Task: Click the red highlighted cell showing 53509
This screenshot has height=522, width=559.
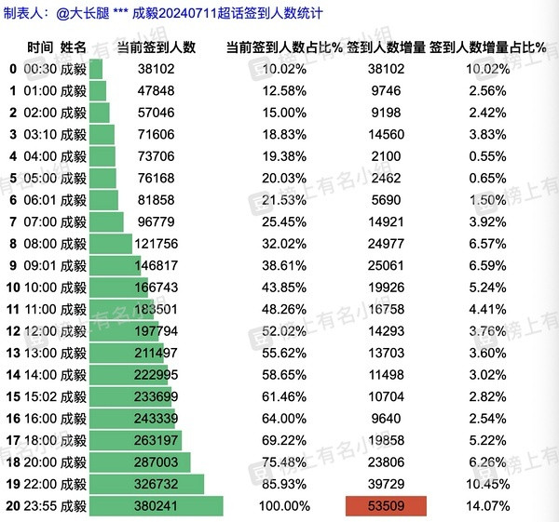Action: pyautogui.click(x=386, y=505)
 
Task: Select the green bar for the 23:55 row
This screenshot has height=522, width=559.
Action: pyautogui.click(x=157, y=505)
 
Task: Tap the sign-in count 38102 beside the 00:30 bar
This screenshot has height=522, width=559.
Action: pyautogui.click(x=157, y=69)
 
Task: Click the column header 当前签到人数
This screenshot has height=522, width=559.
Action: pyautogui.click(x=157, y=47)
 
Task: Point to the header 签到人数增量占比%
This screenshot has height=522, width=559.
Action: pyautogui.click(x=487, y=47)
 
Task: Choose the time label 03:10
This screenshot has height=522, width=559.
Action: pyautogui.click(x=40, y=135)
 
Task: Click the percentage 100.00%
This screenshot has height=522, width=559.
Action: pyautogui.click(x=284, y=506)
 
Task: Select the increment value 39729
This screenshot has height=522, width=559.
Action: pyautogui.click(x=386, y=484)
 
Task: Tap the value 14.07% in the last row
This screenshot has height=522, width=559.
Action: pyautogui.click(x=487, y=506)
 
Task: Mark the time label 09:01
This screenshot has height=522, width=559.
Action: pyautogui.click(x=40, y=265)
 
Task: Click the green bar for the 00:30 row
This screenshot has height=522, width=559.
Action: pyautogui.click(x=96, y=69)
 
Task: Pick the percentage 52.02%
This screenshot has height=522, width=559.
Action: pyautogui.click(x=284, y=331)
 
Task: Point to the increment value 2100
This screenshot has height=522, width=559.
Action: pyautogui.click(x=386, y=156)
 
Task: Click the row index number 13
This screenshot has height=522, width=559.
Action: pyautogui.click(x=13, y=353)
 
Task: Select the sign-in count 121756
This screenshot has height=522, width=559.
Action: pyautogui.click(x=157, y=244)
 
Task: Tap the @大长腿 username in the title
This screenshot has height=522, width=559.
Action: pyautogui.click(x=82, y=14)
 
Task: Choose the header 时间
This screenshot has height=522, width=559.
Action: pyautogui.click(x=40, y=47)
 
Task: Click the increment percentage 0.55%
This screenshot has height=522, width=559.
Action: pyautogui.click(x=487, y=156)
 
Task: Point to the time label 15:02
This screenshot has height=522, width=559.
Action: pyautogui.click(x=40, y=396)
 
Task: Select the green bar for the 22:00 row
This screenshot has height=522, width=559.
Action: pyautogui.click(x=146, y=484)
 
